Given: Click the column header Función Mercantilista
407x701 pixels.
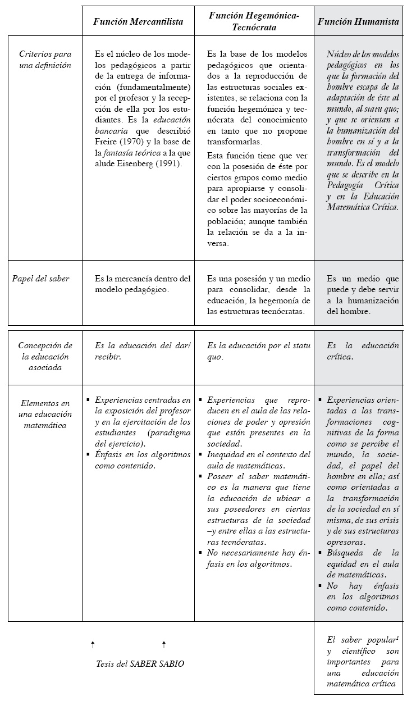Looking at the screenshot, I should [138, 22].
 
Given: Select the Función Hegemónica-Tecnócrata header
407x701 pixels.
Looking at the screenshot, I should [254, 21].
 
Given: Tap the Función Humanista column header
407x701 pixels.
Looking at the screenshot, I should [358, 22].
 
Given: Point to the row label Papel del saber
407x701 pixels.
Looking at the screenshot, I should [41, 279].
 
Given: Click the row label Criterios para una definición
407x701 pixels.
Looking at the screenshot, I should [45, 60].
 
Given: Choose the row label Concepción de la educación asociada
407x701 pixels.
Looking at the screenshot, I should [45, 356].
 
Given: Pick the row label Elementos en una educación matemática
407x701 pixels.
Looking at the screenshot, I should [45, 414].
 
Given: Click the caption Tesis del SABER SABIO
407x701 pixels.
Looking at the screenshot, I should [140, 663].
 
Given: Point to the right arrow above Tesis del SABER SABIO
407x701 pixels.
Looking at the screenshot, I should [163, 644].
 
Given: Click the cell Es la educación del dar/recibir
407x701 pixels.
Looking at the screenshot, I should [143, 351].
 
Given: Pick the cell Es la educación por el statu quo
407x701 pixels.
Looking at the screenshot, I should [254, 351].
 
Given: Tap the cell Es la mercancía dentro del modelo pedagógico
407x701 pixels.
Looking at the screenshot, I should [143, 284].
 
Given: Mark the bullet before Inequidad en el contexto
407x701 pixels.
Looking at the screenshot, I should [200, 454].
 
